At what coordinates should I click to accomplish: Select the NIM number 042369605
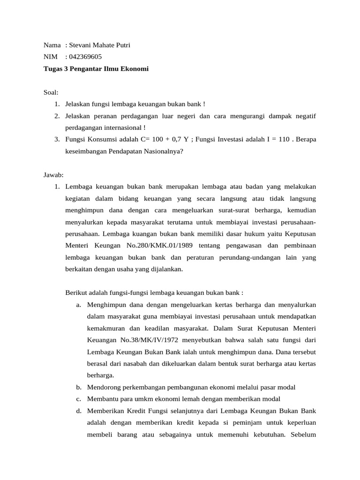point(85,57)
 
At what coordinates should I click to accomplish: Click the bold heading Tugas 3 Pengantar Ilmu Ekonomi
point(96,68)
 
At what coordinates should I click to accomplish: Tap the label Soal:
point(51,92)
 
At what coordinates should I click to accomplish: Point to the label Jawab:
point(53,175)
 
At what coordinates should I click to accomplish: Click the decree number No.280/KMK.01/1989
point(162,245)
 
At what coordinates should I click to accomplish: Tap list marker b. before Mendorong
point(78,387)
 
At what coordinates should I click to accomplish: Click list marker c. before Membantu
point(78,399)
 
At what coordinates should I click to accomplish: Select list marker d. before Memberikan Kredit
point(78,411)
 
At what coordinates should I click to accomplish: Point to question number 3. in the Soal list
point(57,139)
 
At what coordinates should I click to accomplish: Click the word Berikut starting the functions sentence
point(76,293)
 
